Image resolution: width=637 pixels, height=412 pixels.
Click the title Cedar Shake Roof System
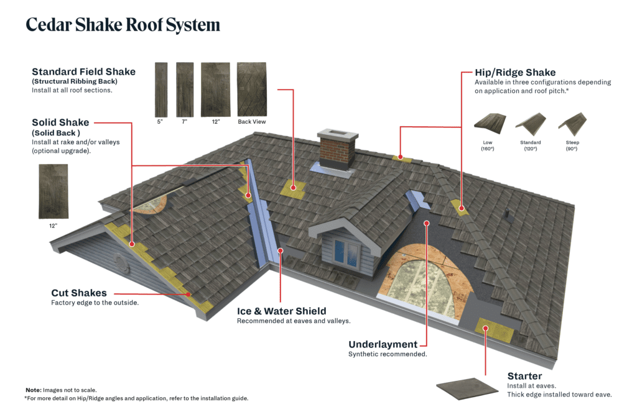[123, 25]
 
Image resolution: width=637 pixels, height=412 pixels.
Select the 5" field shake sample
[160, 89]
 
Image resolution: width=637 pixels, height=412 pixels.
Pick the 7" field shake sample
[185, 89]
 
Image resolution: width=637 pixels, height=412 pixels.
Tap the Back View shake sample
[251, 89]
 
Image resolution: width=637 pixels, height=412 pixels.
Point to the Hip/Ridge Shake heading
[515, 73]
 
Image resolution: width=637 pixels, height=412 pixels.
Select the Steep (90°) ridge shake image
[572, 123]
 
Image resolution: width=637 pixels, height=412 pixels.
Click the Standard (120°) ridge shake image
[530, 123]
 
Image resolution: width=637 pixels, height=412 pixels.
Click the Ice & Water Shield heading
[281, 311]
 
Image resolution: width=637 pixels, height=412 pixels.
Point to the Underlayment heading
[383, 344]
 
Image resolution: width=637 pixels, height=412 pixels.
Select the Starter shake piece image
[467, 387]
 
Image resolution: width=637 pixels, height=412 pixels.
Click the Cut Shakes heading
[79, 293]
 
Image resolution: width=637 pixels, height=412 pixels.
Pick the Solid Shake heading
[60, 122]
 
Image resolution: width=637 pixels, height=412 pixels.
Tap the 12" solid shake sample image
[53, 191]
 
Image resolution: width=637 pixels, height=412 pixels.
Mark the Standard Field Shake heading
[83, 72]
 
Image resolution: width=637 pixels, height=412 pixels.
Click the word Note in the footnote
[33, 390]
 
